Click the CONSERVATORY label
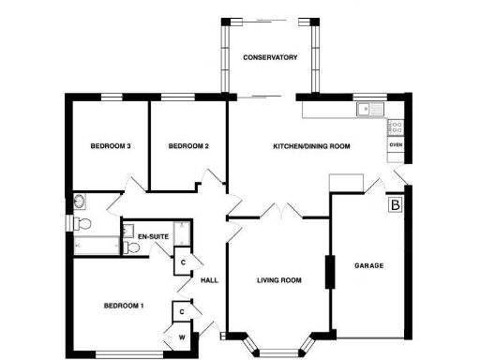(270, 58)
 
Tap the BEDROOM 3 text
(110, 146)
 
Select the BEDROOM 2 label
(187, 146)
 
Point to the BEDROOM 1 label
(123, 306)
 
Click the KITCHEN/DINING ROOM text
(311, 146)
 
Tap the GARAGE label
(368, 266)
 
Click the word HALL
(208, 279)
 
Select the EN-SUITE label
(153, 237)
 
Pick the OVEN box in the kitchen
(396, 145)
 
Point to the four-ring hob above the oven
(396, 126)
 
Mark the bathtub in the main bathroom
(97, 246)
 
